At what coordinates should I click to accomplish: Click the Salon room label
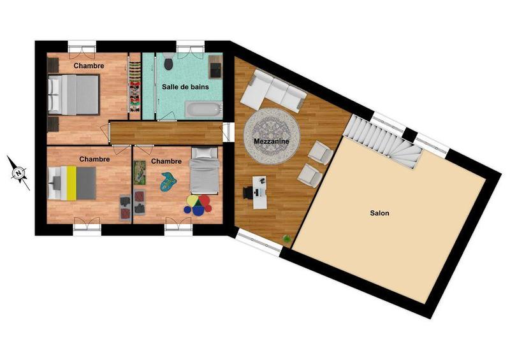[x=379, y=213]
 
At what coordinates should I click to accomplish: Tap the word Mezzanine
[x=272, y=141]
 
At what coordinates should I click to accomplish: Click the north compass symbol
[x=19, y=172]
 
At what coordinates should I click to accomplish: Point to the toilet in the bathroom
[x=168, y=63]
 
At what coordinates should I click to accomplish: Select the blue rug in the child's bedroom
[x=168, y=182]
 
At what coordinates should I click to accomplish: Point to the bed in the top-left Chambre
[x=74, y=94]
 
